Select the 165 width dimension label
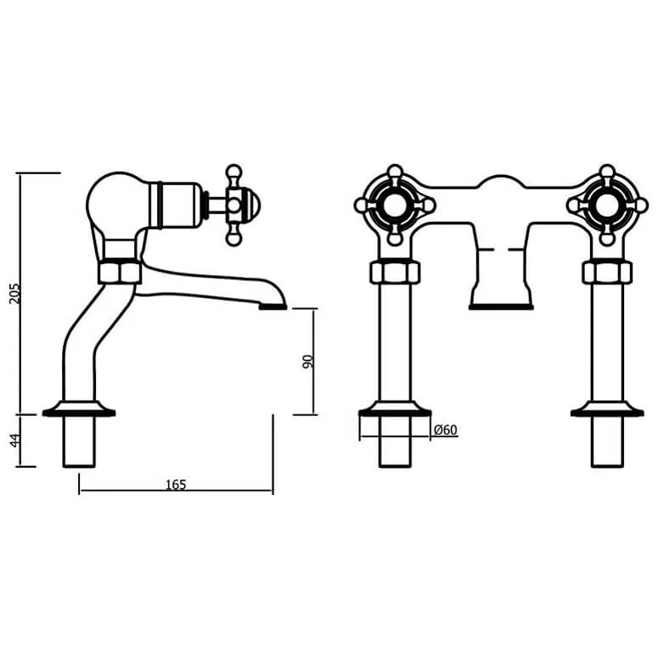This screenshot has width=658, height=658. [x=175, y=484]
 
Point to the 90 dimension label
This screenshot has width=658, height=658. [x=308, y=362]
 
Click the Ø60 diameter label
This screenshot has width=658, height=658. [x=445, y=430]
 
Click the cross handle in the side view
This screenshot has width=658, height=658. [x=235, y=204]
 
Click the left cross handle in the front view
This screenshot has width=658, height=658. [x=395, y=205]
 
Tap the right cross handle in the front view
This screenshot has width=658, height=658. [x=607, y=205]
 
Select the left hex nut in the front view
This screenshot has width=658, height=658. [x=395, y=273]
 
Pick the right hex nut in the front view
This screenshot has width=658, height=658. [x=607, y=273]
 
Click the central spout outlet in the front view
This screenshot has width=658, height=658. [x=501, y=304]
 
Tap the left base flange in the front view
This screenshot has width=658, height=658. [x=395, y=411]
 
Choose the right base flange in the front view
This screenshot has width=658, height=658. [x=607, y=411]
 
